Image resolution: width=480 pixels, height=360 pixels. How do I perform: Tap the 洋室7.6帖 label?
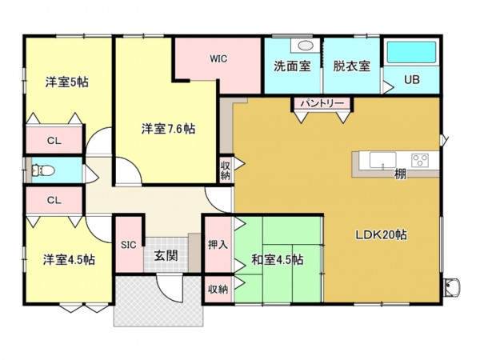pyautogui.click(x=169, y=128)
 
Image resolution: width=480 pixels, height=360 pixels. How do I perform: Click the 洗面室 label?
pyautogui.click(x=292, y=66)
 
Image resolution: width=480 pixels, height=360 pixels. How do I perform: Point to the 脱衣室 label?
pyautogui.click(x=351, y=66)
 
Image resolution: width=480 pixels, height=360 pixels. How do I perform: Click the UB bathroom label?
pyautogui.click(x=411, y=79)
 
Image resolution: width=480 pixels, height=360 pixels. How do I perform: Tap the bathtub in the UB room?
pyautogui.click(x=411, y=53)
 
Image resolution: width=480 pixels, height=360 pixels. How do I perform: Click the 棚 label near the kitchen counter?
pyautogui.click(x=399, y=174)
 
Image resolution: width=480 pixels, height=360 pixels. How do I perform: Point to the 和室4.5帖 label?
pyautogui.click(x=277, y=259)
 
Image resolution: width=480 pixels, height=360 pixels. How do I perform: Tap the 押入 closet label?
pyautogui.click(x=218, y=245)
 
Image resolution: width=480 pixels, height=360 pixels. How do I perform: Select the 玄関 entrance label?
pyautogui.click(x=166, y=256)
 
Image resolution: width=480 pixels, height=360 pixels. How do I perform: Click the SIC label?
pyautogui.click(x=128, y=246)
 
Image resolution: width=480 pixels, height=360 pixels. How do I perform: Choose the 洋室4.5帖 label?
pyautogui.click(x=70, y=259)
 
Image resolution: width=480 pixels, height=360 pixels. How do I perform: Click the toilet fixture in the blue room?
pyautogui.click(x=40, y=170)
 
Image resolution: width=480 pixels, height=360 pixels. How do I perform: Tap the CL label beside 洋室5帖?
pyautogui.click(x=54, y=141)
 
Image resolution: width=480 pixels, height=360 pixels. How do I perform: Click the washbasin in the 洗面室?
pyautogui.click(x=303, y=46)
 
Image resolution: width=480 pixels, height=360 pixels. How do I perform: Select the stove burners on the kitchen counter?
pyautogui.click(x=421, y=159)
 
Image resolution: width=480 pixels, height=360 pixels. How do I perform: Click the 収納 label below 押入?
pyautogui.click(x=218, y=289)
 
